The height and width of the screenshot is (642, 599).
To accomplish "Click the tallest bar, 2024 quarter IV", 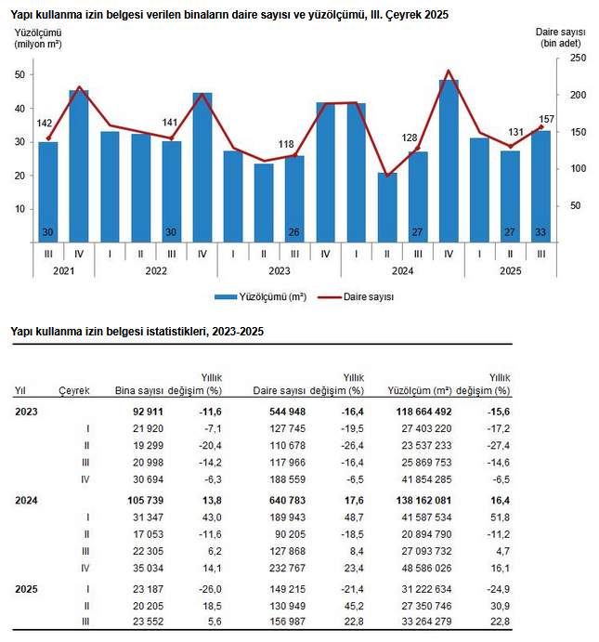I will [x=449, y=160].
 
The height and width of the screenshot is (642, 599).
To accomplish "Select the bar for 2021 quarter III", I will [x=47, y=190].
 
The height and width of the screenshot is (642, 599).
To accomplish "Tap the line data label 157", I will [x=547, y=118].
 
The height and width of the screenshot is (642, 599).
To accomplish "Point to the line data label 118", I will [x=287, y=143].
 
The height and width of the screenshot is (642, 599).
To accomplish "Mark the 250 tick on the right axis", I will [x=577, y=58].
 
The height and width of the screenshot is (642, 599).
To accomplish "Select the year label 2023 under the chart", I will [x=279, y=270].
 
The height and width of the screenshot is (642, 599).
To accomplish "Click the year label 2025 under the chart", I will [x=510, y=270].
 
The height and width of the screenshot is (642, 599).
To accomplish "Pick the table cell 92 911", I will [x=149, y=411].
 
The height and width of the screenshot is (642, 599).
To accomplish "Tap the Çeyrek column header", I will [x=74, y=391].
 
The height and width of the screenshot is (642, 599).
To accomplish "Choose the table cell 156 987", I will [x=286, y=622].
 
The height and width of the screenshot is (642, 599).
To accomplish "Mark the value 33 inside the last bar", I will [x=540, y=232].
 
